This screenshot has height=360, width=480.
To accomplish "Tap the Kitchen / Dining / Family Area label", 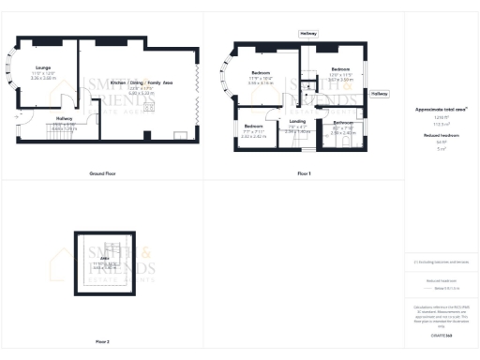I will point(142,83).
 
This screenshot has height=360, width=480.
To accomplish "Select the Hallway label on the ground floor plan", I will point(64,119).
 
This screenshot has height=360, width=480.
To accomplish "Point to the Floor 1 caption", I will point(304,174).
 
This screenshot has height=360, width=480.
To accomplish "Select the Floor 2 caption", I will point(101,341).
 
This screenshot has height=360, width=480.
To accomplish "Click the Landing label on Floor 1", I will point(297,121).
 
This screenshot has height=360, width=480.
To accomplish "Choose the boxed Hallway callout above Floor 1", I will point(308,33).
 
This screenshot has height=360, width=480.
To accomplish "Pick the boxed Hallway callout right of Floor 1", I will point(379,94).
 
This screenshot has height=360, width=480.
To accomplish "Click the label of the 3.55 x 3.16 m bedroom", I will point(262,72).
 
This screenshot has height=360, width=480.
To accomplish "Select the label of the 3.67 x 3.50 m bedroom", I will point(339,69).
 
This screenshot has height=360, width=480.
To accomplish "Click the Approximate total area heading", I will point(441,110).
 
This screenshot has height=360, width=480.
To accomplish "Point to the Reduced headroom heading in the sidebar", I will point(441,136).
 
